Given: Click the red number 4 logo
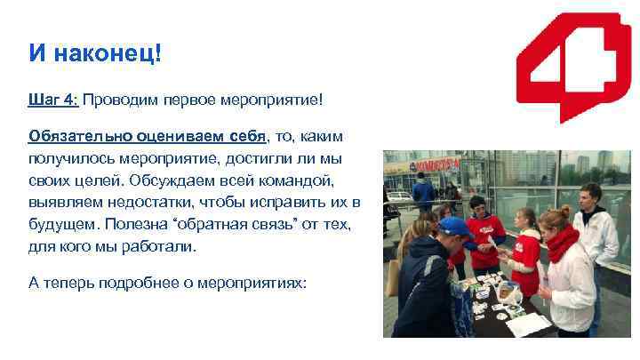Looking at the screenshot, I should click(568, 66).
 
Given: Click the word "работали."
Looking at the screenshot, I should click(159, 244).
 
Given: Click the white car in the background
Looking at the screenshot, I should click(399, 195).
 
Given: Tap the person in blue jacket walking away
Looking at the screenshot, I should click(423, 190).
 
